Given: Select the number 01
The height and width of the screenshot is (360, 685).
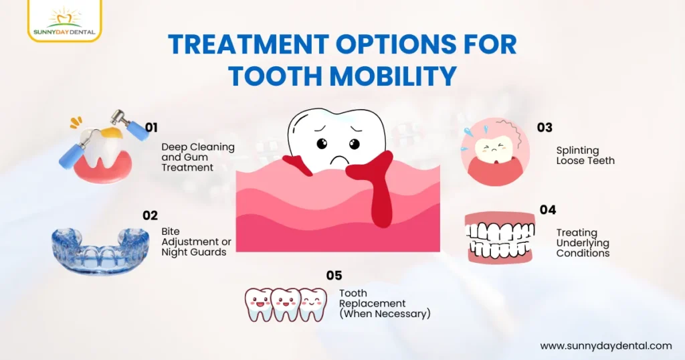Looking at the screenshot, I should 151,126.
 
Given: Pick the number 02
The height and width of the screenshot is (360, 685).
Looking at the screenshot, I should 150,215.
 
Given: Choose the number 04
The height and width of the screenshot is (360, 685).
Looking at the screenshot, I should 548,210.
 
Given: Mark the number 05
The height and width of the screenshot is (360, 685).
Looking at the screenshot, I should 334,275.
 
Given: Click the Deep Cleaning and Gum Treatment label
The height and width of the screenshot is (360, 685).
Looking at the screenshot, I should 197,157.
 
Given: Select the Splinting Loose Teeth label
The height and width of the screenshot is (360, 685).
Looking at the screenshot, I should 585,155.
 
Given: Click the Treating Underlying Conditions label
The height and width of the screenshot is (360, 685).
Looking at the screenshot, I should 583,243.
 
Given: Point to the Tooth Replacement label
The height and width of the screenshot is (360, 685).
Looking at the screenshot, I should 384,303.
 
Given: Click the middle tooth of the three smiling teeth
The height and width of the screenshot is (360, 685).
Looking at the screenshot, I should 286,304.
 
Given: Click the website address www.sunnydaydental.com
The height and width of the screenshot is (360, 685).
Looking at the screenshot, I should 605,346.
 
